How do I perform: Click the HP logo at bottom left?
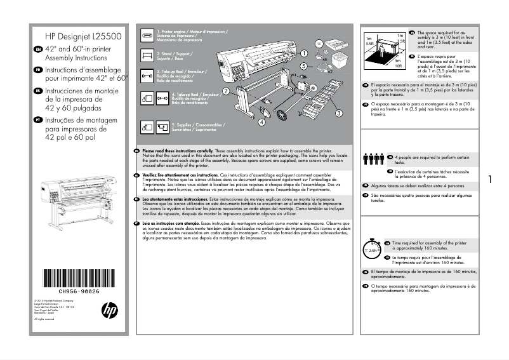[109, 310]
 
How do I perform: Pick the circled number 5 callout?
[303, 65]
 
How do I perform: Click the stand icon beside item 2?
[147, 56]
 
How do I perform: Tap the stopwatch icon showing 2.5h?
[372, 248]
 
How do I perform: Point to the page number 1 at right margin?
[490, 180]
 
